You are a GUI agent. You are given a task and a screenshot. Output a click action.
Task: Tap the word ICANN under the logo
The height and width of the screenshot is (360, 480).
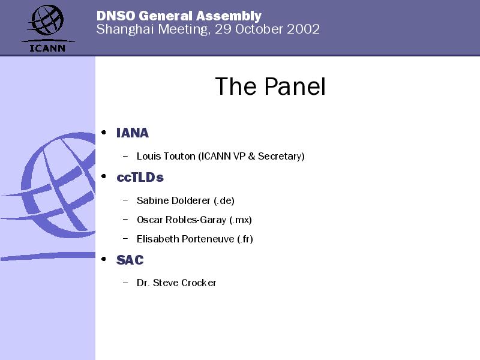point(47,49)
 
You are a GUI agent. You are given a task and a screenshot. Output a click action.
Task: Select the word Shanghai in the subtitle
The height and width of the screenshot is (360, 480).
point(125,29)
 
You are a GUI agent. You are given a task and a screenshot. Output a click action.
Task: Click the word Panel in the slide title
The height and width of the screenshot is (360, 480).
point(295,86)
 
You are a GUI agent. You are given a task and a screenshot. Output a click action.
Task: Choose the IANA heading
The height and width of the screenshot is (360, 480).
point(133,133)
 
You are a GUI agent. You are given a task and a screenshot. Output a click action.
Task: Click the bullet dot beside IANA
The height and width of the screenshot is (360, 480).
point(104,132)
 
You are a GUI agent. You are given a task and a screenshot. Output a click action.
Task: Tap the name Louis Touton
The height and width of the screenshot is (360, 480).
point(166,156)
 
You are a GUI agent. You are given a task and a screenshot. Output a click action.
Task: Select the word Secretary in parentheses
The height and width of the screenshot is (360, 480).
point(281,157)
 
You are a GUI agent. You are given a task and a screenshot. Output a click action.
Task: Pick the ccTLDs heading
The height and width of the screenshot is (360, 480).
point(140,177)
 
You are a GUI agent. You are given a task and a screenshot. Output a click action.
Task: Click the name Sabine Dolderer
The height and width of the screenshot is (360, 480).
point(173,200)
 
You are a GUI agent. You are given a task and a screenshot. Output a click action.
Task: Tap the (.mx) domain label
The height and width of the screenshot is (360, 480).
point(241,220)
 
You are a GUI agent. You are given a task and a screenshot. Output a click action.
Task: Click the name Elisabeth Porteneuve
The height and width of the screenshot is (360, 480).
point(185,239)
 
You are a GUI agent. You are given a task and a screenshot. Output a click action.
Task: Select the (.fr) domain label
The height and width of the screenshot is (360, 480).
point(245,239)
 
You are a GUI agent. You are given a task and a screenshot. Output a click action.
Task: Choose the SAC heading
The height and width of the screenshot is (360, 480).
point(130,260)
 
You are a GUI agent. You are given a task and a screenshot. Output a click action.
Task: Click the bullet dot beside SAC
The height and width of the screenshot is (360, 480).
point(104,259)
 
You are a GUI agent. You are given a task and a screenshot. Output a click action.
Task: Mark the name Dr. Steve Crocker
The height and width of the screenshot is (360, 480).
point(176,283)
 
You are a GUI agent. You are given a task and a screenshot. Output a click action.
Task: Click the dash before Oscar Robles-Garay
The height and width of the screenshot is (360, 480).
point(125,219)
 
